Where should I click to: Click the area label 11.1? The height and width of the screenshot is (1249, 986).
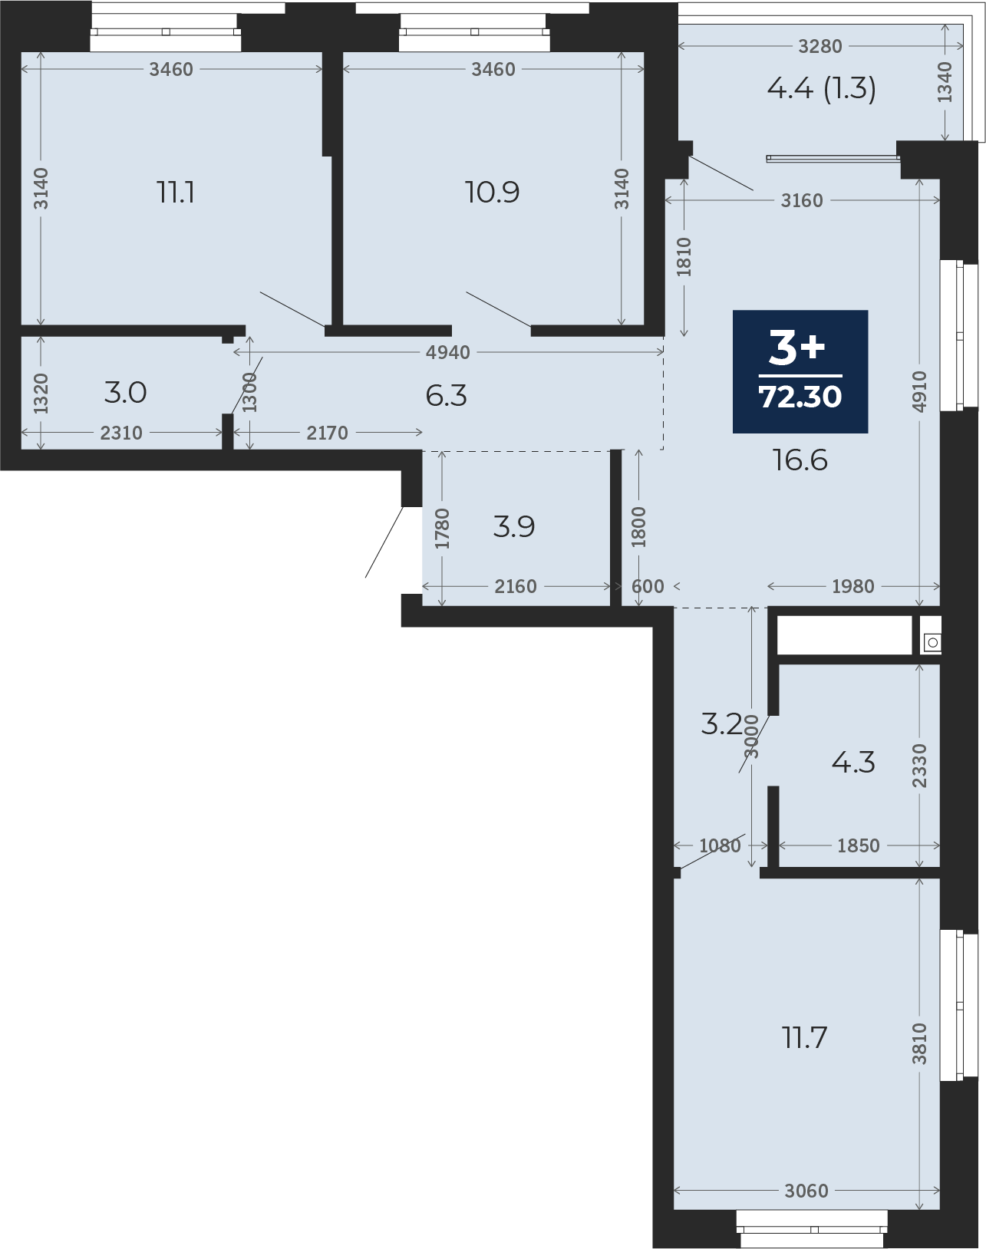point(176,192)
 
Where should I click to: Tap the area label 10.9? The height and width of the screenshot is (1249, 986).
point(492,192)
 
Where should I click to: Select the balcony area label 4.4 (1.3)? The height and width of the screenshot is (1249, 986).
point(821,89)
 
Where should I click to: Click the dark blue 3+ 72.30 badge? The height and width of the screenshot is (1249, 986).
point(800,371)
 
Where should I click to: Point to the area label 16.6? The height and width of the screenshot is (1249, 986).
point(800,460)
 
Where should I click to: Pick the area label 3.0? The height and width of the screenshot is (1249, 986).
point(125,393)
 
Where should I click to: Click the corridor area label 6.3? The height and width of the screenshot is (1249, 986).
point(446,396)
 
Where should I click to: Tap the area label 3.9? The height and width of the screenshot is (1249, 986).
point(514,526)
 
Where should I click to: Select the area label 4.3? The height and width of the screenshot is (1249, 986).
point(853,762)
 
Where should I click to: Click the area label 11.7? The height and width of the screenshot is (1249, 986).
point(806,1038)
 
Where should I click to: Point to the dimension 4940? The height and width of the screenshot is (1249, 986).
point(447,352)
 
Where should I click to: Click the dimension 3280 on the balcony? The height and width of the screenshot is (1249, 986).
point(820,46)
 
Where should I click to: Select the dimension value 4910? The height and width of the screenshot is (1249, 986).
point(919,391)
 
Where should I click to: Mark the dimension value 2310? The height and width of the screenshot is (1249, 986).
point(121,433)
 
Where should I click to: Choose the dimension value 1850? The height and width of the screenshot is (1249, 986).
point(859,845)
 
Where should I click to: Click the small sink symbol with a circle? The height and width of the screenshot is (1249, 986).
point(932,642)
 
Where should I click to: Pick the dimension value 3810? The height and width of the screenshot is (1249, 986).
point(918,1043)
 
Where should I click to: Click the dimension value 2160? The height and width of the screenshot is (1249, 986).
point(515,586)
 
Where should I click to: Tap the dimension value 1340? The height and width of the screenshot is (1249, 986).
point(945,82)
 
